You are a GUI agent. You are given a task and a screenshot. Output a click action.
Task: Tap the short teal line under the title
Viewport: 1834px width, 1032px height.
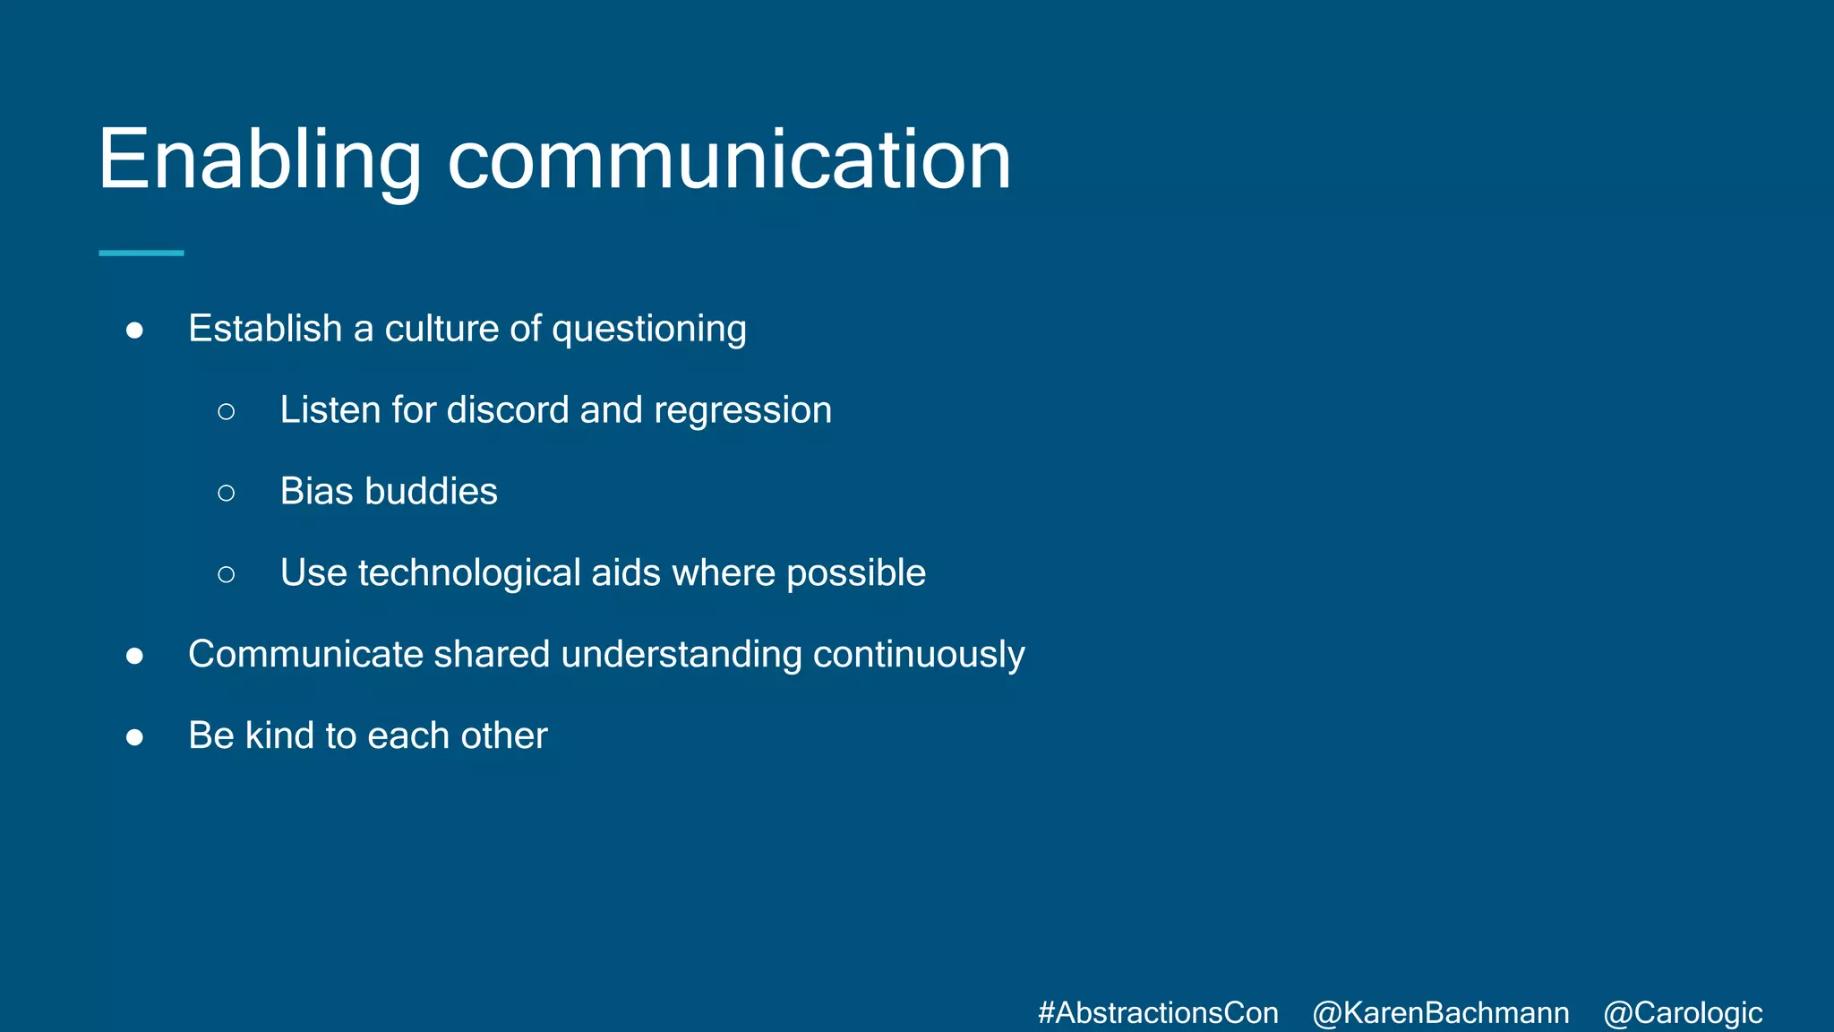pyautogui.click(x=141, y=254)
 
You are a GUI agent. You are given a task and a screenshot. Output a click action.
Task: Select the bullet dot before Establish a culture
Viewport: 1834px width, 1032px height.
pyautogui.click(x=135, y=331)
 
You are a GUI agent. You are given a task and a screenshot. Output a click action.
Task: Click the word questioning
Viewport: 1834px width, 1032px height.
pyautogui.click(x=649, y=330)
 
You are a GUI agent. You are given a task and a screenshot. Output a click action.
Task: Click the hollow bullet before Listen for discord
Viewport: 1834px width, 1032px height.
pyautogui.click(x=227, y=411)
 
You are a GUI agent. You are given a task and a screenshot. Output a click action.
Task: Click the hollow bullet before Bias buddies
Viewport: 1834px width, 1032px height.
pyautogui.click(x=227, y=493)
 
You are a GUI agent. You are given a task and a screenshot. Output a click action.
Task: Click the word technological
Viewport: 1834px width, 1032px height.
pyautogui.click(x=469, y=573)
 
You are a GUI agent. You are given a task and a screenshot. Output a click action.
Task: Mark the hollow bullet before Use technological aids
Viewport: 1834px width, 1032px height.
pyautogui.click(x=227, y=574)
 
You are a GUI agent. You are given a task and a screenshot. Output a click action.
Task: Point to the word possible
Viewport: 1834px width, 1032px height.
pyautogui.click(x=855, y=573)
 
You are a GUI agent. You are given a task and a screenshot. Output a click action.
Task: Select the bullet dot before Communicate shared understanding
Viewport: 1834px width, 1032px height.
pyautogui.click(x=135, y=656)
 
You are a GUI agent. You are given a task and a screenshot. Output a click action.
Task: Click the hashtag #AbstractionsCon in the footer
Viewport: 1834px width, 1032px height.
pyautogui.click(x=1158, y=1012)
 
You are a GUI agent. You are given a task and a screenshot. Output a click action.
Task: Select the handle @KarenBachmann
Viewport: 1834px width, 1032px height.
pyautogui.click(x=1440, y=1012)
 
